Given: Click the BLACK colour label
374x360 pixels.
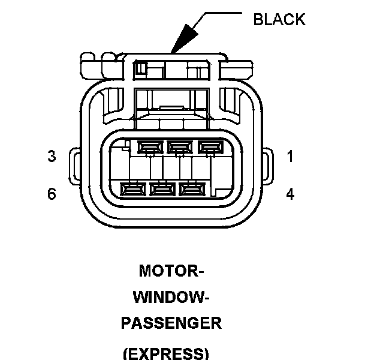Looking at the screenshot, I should [x=279, y=19].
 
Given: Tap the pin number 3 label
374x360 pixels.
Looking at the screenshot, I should [x=52, y=157].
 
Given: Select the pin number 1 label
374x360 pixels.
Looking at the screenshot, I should [x=290, y=157].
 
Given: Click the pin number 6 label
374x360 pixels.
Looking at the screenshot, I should [x=52, y=194].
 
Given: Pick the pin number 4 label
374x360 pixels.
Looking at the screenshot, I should [x=290, y=194].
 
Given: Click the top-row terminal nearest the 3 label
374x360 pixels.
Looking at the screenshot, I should [x=149, y=146].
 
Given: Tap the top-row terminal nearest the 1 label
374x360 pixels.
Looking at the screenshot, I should [x=208, y=146].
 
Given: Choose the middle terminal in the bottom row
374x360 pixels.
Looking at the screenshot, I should [x=161, y=190].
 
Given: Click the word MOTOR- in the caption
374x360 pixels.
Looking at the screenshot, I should [x=171, y=271].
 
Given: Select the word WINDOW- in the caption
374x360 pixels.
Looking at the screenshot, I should [x=171, y=297].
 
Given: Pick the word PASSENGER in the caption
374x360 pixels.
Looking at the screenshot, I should [x=171, y=323].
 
